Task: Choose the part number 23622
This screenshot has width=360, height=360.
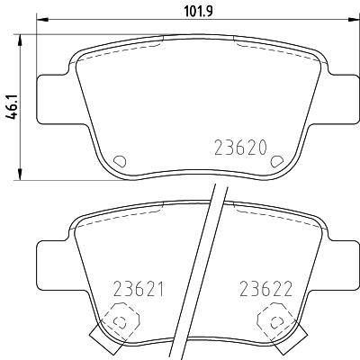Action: (x=265, y=289)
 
